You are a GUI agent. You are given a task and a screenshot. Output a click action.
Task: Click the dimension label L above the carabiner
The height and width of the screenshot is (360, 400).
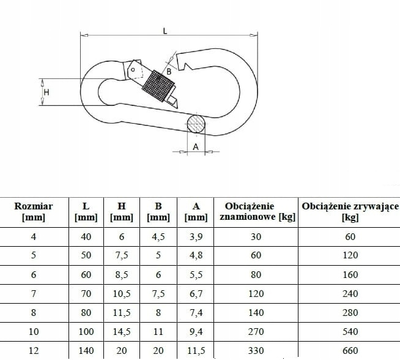[165, 31]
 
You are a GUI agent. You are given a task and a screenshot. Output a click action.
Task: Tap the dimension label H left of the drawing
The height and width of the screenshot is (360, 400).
[46, 92]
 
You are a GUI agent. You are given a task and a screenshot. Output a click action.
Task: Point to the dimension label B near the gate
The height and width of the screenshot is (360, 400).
[169, 72]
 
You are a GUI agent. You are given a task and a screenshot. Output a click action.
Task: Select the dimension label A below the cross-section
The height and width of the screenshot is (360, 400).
[196, 147]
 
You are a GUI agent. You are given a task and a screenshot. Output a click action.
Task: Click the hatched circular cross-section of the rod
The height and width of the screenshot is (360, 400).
[196, 124]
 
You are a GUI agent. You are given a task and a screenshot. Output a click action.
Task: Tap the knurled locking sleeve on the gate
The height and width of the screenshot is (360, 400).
[158, 86]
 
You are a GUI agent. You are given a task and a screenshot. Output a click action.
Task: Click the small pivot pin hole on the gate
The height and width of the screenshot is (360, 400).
[133, 69]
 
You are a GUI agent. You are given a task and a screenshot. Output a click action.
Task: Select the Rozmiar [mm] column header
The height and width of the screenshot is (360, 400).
[34, 212]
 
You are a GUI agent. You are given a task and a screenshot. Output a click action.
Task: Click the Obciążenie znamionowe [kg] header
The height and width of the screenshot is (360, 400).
[257, 211]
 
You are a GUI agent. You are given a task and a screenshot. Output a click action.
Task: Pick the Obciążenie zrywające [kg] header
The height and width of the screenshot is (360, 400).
[350, 211]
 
